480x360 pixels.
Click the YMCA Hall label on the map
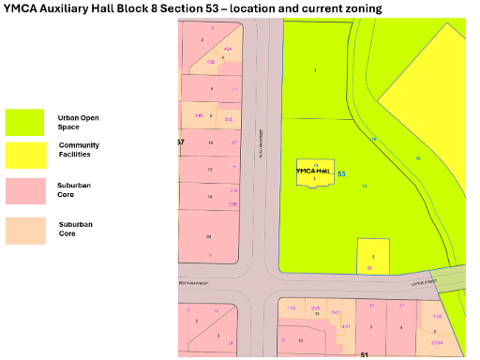coord(313,171)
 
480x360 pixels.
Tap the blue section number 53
coord(341,173)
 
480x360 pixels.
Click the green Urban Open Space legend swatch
coord(25,123)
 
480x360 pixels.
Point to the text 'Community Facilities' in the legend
coord(79,150)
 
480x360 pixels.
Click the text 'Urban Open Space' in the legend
coord(78,123)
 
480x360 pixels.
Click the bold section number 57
coord(180,142)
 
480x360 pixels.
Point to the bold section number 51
coord(364,355)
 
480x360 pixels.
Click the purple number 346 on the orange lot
coord(199,115)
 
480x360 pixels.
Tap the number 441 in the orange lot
coord(345,326)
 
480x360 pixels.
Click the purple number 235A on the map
coord(437,344)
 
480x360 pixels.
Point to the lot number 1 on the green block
coord(316,70)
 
